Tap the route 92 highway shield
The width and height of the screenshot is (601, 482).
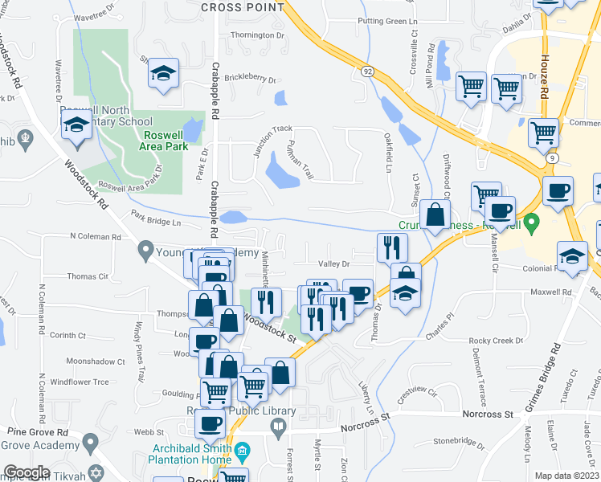(x=366, y=71)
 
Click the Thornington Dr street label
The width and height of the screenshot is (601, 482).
(x=258, y=35)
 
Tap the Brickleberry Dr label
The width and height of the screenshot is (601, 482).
(x=250, y=80)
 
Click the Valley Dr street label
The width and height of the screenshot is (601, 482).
(x=334, y=263)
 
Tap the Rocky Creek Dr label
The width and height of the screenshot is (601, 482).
(x=496, y=341)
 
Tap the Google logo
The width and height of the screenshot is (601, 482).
(x=27, y=472)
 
